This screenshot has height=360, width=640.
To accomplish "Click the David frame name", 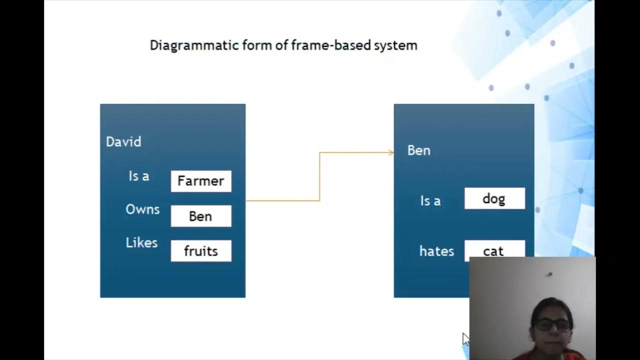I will (x=123, y=142).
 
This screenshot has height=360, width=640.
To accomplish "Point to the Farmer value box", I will (x=201, y=181).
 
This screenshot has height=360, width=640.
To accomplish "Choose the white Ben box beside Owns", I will (x=201, y=216).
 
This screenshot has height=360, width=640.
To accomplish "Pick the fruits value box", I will (x=201, y=251).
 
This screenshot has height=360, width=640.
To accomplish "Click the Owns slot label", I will (x=142, y=209).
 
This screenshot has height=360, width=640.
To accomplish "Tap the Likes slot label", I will (x=141, y=243).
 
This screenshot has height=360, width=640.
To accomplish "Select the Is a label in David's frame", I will (x=139, y=176).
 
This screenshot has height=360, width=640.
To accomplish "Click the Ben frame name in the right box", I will (x=418, y=150).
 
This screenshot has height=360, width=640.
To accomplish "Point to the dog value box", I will (x=494, y=199).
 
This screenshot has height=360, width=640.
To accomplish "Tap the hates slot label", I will (x=436, y=251).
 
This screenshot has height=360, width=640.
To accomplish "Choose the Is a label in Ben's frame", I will (x=430, y=201).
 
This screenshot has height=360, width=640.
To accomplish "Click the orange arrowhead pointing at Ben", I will (x=391, y=152).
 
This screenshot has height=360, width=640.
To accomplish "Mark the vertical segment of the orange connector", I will (x=319, y=176).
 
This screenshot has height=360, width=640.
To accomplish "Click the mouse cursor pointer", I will (x=465, y=338).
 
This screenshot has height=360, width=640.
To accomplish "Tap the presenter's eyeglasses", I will (x=553, y=325).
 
